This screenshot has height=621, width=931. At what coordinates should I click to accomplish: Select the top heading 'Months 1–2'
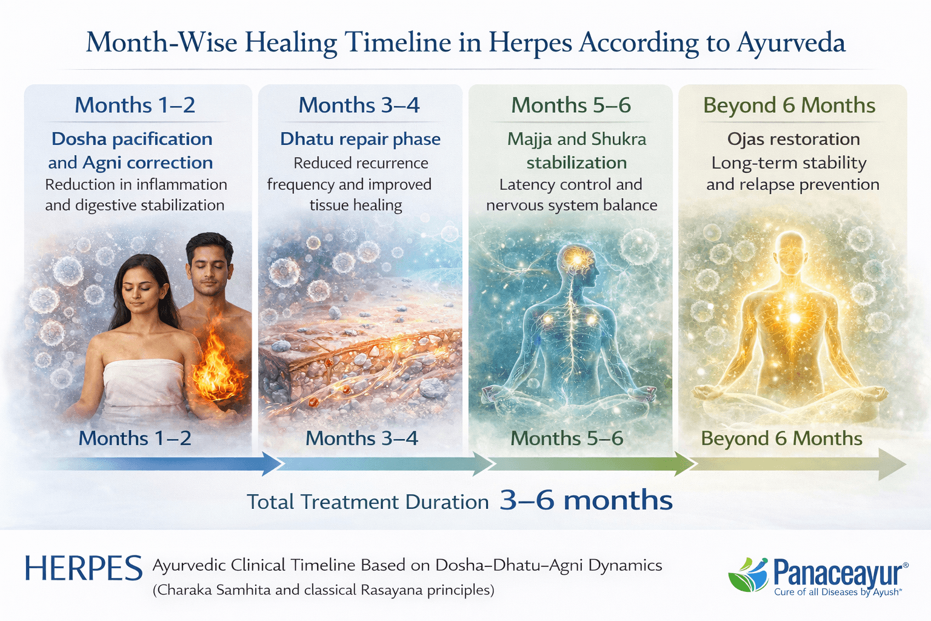(135, 106)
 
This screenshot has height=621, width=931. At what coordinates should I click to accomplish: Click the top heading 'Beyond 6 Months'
(789, 106)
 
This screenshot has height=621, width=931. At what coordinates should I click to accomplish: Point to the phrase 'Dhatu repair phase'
(360, 139)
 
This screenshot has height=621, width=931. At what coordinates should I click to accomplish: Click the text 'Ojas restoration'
(793, 139)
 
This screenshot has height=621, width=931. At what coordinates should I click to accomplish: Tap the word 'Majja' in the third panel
(529, 139)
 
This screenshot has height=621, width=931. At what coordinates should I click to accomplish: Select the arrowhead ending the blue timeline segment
(272, 464)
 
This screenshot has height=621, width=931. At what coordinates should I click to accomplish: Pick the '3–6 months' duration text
(586, 501)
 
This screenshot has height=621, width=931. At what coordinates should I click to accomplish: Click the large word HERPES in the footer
(84, 569)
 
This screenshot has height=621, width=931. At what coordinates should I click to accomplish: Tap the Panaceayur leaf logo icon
(748, 575)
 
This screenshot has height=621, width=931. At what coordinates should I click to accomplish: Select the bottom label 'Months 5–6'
(567, 438)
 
